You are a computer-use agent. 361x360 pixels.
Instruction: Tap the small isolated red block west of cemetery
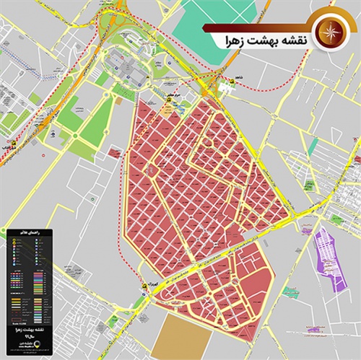[x=114, y=153]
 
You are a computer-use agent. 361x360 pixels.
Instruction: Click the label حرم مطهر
[x=168, y=94]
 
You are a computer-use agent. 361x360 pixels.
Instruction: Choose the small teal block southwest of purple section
[x=290, y=292]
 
